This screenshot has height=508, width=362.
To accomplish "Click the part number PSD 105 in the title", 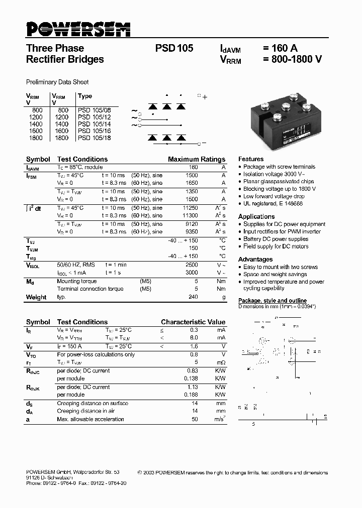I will coord(174,49).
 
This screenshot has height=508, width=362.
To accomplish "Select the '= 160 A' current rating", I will coord(280,49).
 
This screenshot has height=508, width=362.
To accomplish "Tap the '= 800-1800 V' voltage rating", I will coord(292,59).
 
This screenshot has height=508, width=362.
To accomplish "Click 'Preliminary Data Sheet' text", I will coord(57,82).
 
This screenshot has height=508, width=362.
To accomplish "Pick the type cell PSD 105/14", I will coord(94,123).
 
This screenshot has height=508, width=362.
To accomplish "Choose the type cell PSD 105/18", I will coord(94,138).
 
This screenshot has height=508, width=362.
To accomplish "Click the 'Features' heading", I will coord(251,159).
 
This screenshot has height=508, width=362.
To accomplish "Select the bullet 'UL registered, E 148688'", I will coord(273,204).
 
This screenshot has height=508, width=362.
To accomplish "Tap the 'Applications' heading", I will coord(256,217).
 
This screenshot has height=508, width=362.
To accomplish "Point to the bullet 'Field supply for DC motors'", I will coord(276,246).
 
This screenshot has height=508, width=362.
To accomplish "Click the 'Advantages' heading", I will coord(255,260).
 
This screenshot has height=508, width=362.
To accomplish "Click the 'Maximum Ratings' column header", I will coord(197,159).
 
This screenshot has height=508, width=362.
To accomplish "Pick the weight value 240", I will coord(193,297).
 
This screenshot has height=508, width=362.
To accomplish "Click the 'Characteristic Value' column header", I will coord(193,322).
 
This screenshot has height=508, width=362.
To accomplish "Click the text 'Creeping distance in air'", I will coord(86,411).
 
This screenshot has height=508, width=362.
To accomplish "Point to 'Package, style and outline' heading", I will coord(272,301).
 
